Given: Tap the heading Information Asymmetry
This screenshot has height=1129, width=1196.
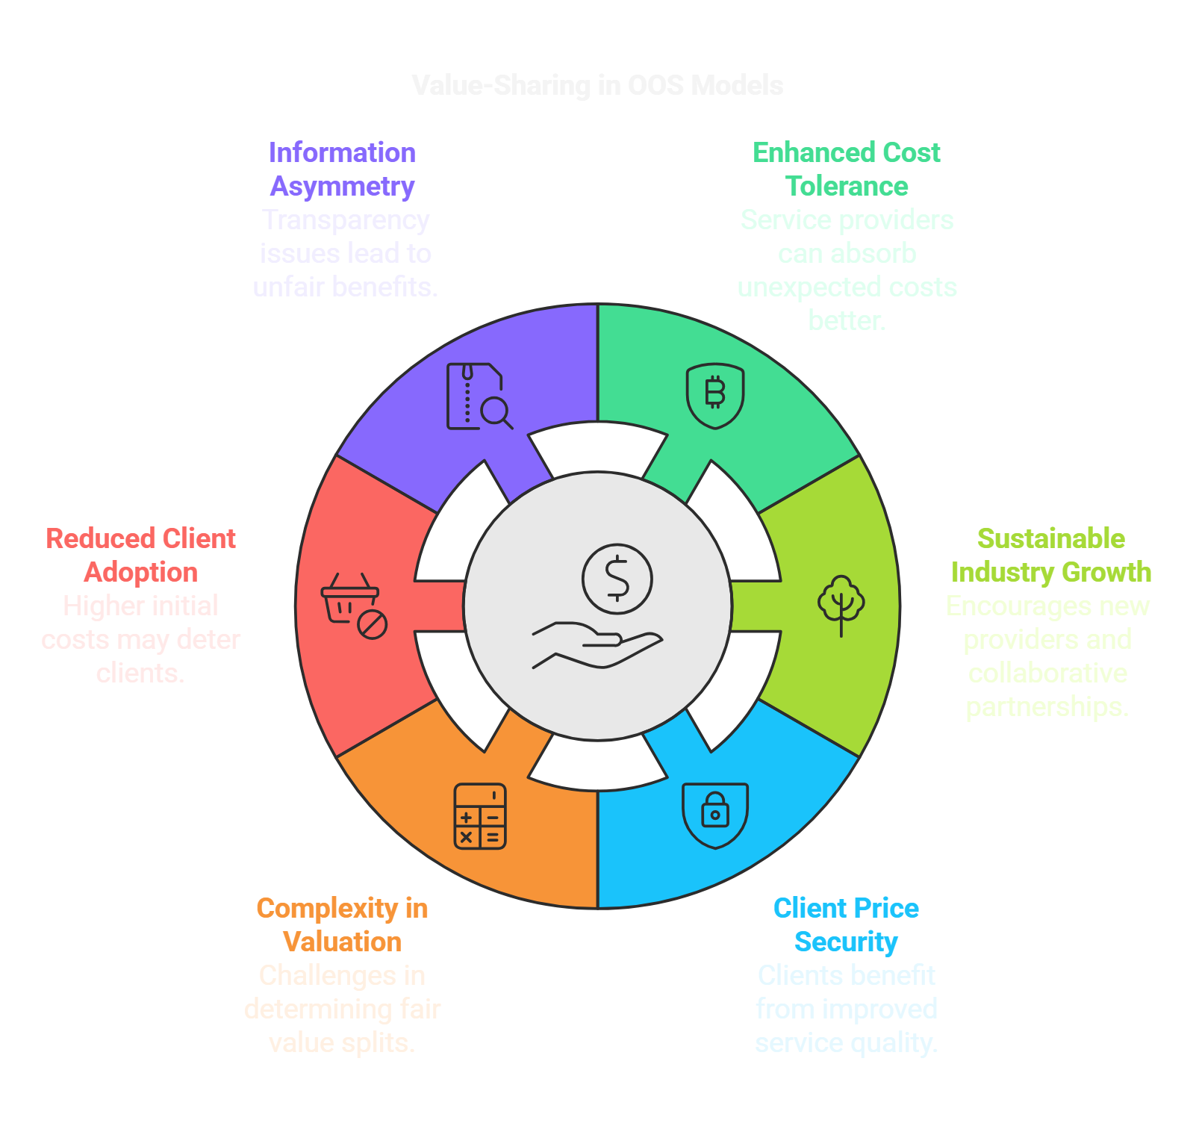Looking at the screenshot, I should pyautogui.click(x=342, y=169).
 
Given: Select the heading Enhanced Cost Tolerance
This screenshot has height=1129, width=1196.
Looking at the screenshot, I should pyautogui.click(x=846, y=169).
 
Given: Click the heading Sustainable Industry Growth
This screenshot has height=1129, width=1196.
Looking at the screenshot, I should pyautogui.click(x=1050, y=555).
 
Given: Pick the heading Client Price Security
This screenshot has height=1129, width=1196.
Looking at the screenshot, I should pyautogui.click(x=846, y=924).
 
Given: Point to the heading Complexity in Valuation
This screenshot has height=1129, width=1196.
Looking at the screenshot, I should pyautogui.click(x=342, y=924).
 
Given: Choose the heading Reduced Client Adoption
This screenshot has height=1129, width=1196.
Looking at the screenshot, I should pyautogui.click(x=140, y=555).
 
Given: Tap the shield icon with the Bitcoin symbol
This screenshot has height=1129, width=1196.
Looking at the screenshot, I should pyautogui.click(x=715, y=395).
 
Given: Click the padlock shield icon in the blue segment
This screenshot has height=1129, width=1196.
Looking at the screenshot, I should pyautogui.click(x=715, y=815).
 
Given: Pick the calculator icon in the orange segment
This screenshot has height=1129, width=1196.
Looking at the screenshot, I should pyautogui.click(x=480, y=816).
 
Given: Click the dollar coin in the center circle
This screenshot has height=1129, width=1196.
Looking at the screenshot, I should pyautogui.click(x=617, y=579).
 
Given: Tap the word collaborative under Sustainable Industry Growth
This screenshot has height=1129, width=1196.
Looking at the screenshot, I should pyautogui.click(x=1047, y=673).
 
